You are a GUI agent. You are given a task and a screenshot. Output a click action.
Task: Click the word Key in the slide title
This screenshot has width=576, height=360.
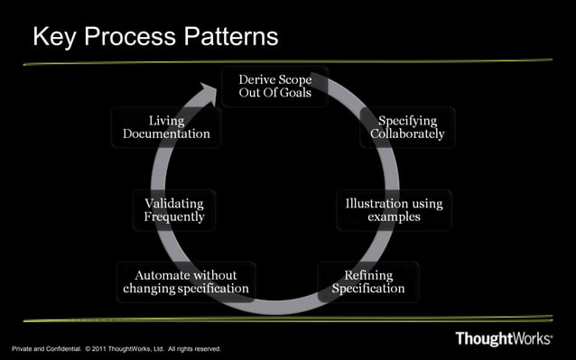click(55, 37)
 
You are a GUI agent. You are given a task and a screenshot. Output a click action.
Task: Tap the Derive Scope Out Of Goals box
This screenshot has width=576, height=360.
click(275, 87)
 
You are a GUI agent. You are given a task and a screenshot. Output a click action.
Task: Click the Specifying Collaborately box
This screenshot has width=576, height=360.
click(407, 127)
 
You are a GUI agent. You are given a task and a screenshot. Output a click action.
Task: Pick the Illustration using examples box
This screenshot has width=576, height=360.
click(394, 210)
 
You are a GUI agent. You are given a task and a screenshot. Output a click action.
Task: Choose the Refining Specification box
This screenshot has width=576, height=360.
click(368, 282)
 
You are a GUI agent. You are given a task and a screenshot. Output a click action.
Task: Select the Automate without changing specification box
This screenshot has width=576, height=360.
click(186, 282)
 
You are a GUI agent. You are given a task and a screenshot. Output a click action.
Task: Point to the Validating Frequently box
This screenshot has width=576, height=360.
click(174, 210)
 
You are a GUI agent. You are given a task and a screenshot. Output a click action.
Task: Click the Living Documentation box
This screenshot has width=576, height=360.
click(166, 127)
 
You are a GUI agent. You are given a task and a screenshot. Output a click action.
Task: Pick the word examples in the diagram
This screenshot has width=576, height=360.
click(394, 217)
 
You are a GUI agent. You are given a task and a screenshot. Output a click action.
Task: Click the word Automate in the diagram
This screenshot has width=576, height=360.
click(163, 274)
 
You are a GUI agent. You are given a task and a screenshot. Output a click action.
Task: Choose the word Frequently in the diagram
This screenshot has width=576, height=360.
click(174, 217)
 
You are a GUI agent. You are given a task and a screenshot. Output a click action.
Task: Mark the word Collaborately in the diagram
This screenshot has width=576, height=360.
click(407, 134)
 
